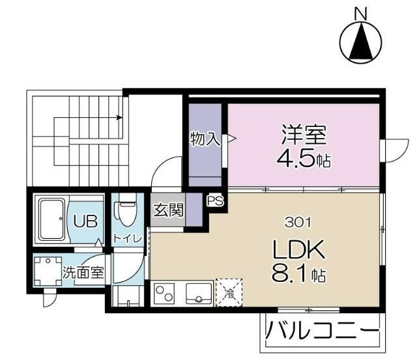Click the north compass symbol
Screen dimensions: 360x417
pyautogui.click(x=360, y=42)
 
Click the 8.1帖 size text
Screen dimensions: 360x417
pyautogui.click(x=299, y=274)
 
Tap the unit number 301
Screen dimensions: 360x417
pyautogui.click(x=297, y=221)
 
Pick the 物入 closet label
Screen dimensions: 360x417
pyautogui.click(x=204, y=139)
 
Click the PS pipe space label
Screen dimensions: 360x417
pyautogui.click(x=215, y=201)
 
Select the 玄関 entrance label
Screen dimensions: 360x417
pyautogui.click(x=167, y=210)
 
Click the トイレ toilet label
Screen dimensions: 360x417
pyautogui.click(x=128, y=238)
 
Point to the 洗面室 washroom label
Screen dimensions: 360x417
pyautogui.click(x=83, y=273)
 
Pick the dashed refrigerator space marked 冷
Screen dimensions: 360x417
pyautogui.click(x=229, y=293)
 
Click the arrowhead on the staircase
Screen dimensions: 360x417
pyautogui.click(x=119, y=118)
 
